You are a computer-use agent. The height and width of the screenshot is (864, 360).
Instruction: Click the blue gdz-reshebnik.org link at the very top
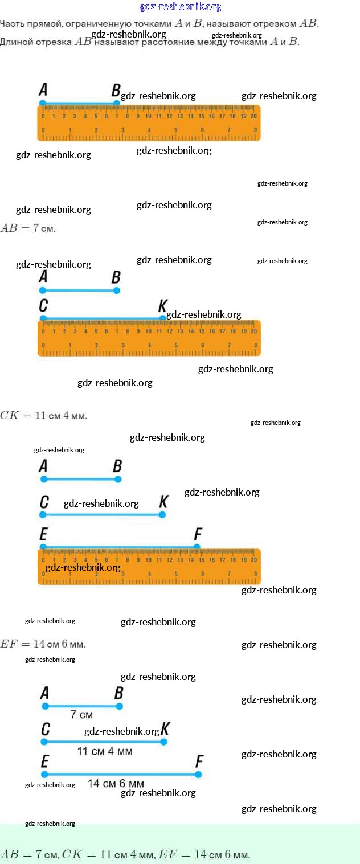[x=180, y=7]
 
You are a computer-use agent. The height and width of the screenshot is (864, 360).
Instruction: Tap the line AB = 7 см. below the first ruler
[x=28, y=228]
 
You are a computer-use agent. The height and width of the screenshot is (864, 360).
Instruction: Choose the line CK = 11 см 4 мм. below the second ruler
[x=44, y=415]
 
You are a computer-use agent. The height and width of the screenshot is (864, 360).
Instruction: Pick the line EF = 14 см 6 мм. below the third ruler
[x=43, y=644]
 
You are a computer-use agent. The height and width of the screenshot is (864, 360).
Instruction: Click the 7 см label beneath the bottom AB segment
[x=81, y=714]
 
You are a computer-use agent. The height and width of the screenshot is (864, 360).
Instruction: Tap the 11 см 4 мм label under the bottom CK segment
[x=105, y=751]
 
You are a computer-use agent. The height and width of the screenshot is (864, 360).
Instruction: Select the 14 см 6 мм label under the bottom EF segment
[x=116, y=784]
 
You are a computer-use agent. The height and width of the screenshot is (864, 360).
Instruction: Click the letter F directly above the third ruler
[x=198, y=534]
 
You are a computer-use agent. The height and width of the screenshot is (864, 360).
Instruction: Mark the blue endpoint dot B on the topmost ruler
[x=117, y=103]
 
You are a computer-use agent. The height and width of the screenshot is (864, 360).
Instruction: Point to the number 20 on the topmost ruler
[x=253, y=116]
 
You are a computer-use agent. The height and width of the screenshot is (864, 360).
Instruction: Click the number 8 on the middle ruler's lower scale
[x=255, y=345]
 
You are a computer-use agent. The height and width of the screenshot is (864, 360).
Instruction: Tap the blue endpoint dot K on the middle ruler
[x=163, y=318]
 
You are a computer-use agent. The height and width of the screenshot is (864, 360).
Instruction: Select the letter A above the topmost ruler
[x=43, y=89]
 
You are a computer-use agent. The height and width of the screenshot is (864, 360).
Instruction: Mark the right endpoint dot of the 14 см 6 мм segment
[x=198, y=774]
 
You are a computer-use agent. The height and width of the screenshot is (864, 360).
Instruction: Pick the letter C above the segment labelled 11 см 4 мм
[x=46, y=729]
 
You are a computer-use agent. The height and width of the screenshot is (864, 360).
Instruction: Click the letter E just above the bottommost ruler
[x=43, y=534]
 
